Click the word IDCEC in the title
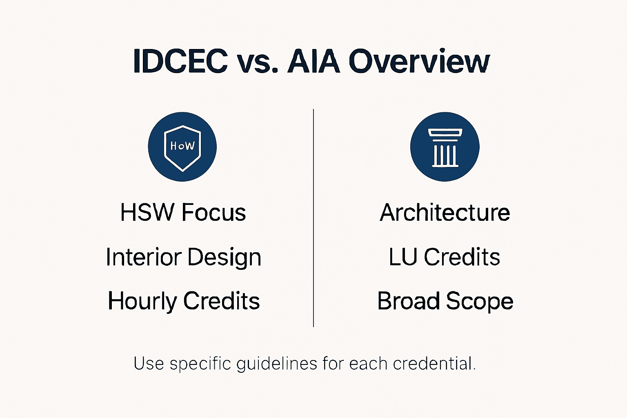pyautogui.click(x=180, y=62)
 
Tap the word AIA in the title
pyautogui.click(x=313, y=62)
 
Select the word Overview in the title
pyautogui.click(x=419, y=62)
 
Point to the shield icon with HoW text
pyautogui.click(x=182, y=147)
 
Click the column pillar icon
pyautogui.click(x=445, y=147)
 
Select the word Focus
pyautogui.click(x=214, y=213)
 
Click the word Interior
pyautogui.click(x=143, y=258)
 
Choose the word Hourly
pyautogui.click(x=142, y=302)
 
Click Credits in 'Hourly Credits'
pyautogui.click(x=222, y=301)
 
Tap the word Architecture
pyautogui.click(x=445, y=213)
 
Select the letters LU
pyautogui.click(x=402, y=257)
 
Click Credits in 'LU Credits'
pyautogui.click(x=462, y=257)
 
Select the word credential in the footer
pyautogui.click(x=434, y=363)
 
